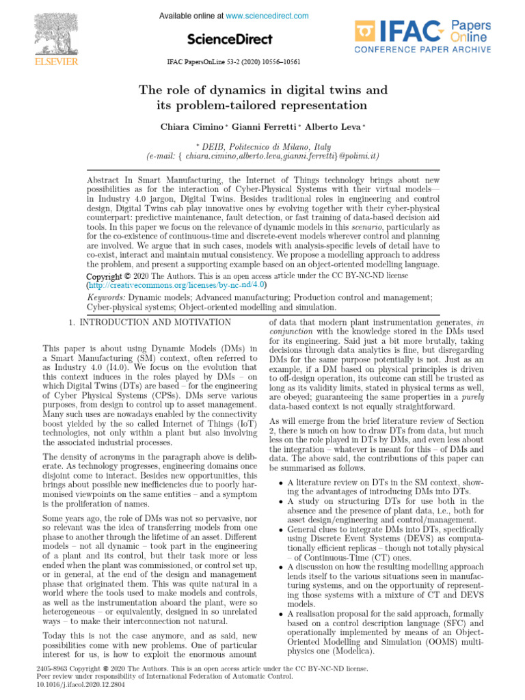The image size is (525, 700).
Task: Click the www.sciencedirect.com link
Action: click(x=267, y=16)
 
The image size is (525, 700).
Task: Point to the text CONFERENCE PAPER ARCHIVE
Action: click(x=422, y=50)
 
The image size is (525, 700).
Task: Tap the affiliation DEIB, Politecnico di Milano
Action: click(x=262, y=146)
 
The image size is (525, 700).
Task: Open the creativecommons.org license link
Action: click(x=177, y=284)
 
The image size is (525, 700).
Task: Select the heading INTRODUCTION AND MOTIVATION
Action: click(x=156, y=321)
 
